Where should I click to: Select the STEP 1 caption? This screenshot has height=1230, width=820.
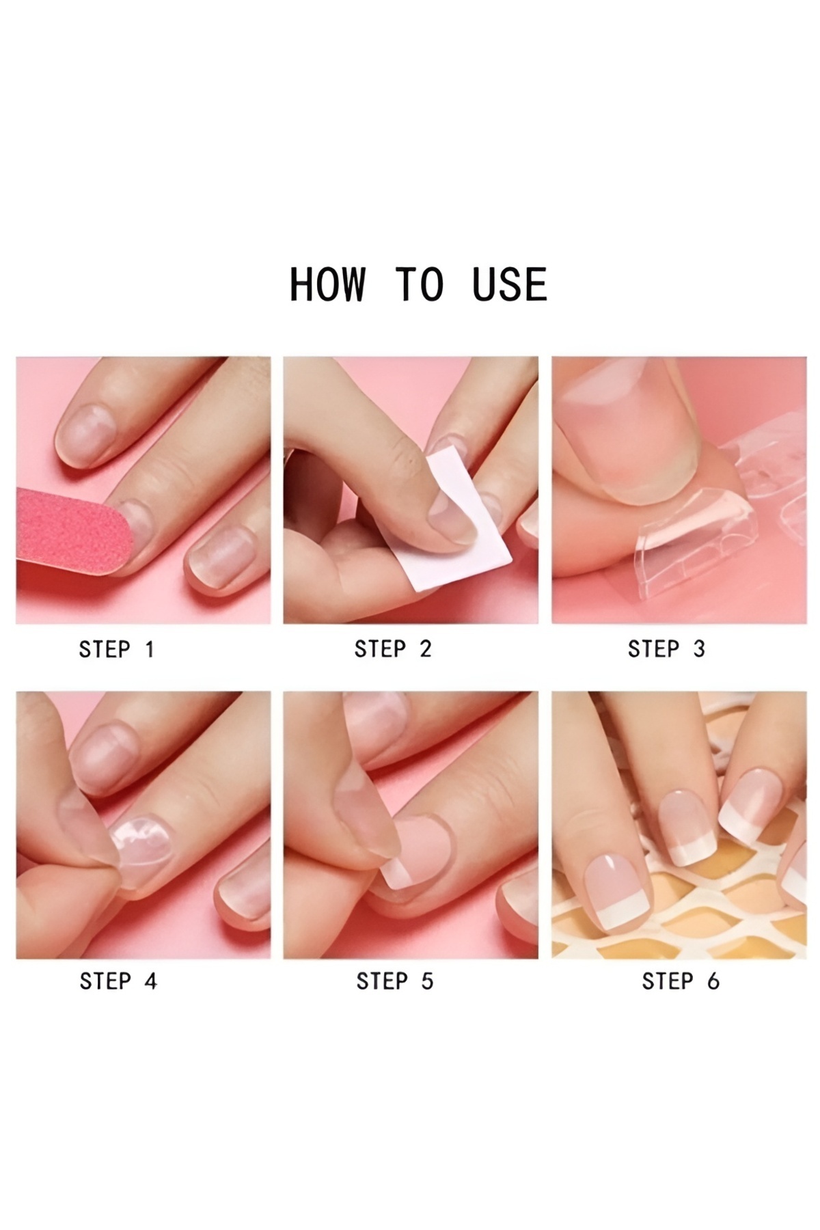click(x=117, y=649)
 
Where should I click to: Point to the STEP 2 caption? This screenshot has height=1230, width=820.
click(x=393, y=649)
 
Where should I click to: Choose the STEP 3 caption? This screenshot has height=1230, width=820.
click(x=666, y=649)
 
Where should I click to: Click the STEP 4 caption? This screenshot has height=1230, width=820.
click(x=118, y=981)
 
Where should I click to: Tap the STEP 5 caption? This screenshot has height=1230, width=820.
click(x=394, y=981)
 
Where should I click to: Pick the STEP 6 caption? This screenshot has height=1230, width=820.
click(x=681, y=981)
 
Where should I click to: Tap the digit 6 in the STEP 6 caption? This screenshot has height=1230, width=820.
click(x=713, y=981)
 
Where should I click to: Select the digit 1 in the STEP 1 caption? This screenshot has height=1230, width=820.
click(x=150, y=649)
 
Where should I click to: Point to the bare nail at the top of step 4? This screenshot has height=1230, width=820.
click(x=106, y=758)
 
